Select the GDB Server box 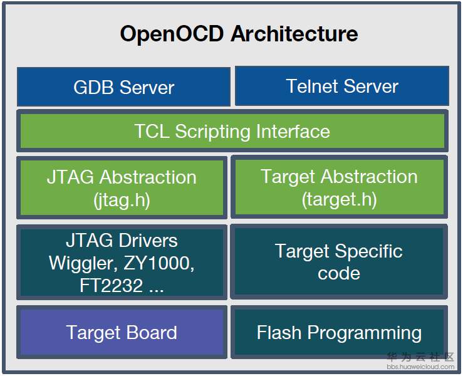[x=123, y=87]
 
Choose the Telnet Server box [x=341, y=86]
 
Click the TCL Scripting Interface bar [x=232, y=131]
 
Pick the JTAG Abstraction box [x=122, y=187]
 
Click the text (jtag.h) [x=122, y=200]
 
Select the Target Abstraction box [x=339, y=187]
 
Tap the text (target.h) [x=339, y=200]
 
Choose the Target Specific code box [x=339, y=261]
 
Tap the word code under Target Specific [x=339, y=273]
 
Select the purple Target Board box [x=122, y=332]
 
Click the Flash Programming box [x=339, y=332]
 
